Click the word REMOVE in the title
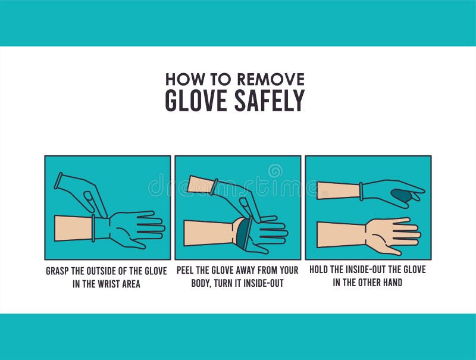(x=270, y=79)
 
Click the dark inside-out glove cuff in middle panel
(x=241, y=233)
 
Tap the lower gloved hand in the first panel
(x=131, y=227)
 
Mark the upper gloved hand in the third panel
(x=387, y=192)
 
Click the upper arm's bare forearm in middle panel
(x=199, y=184)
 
